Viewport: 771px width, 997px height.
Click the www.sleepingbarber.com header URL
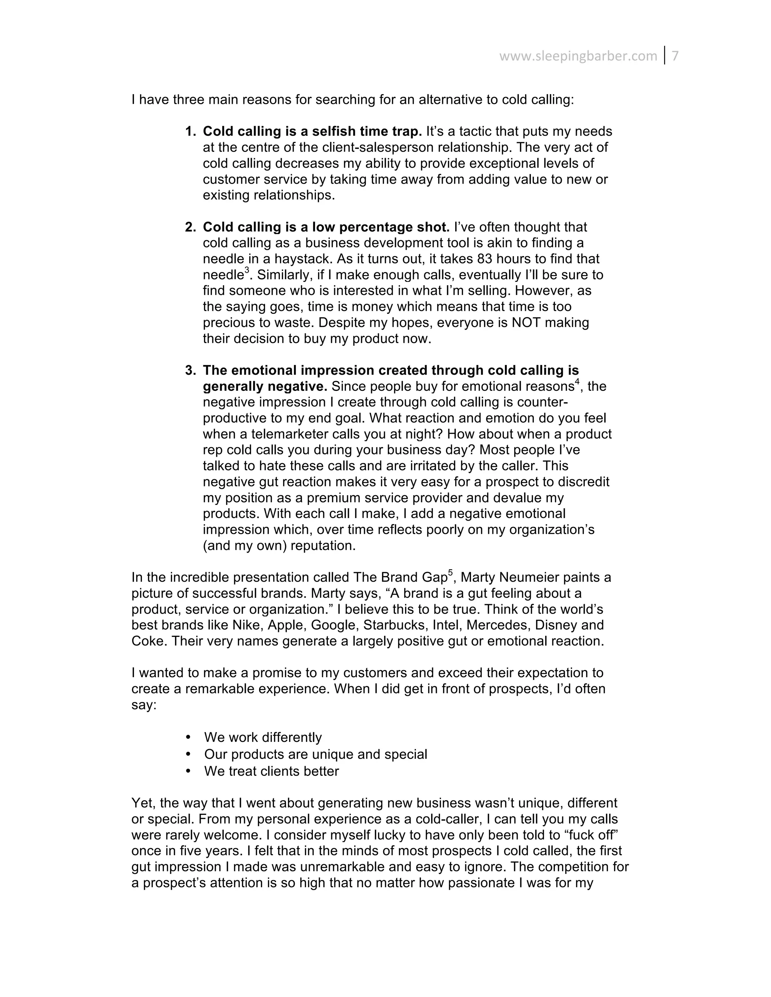point(578,56)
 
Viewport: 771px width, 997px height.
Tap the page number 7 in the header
point(675,56)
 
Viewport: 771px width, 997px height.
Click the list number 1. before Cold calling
point(190,131)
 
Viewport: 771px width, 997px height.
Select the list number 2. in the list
point(190,227)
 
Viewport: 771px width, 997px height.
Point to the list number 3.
point(190,370)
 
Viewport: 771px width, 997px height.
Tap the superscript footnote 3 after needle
point(247,271)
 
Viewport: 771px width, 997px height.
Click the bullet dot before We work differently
point(189,737)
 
